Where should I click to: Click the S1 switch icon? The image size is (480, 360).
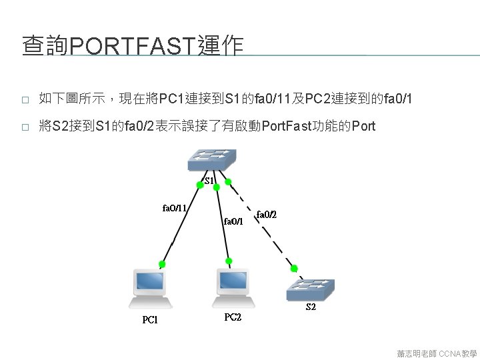coord(211,159)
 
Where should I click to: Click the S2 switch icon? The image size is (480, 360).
coord(310,288)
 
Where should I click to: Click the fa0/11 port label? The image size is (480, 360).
coord(174,207)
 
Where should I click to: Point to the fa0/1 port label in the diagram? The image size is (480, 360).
coord(233,221)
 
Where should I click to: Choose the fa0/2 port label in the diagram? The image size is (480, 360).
coord(266,214)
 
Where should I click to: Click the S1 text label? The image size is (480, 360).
coord(209,181)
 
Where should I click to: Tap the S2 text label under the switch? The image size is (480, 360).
coord(311,307)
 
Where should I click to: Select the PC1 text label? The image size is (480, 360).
coord(151,320)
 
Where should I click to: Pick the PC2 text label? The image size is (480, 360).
coord(233,317)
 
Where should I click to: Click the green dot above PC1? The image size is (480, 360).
coord(162,265)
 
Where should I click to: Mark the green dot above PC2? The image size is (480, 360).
coord(229,261)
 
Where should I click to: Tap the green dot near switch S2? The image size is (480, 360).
coord(292,269)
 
